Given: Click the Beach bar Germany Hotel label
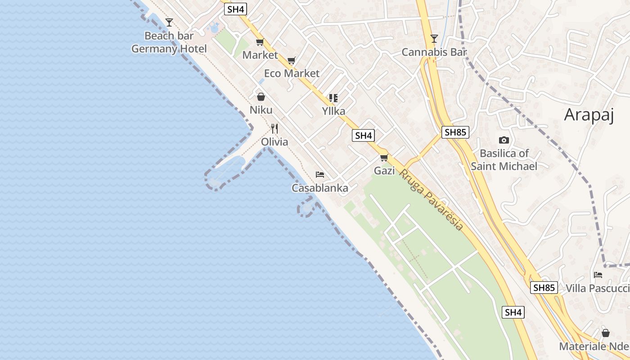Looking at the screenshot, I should pyautogui.click(x=169, y=42).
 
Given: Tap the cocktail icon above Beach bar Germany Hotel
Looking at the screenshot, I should pyautogui.click(x=169, y=22).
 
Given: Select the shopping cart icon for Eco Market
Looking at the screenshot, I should pyautogui.click(x=292, y=60).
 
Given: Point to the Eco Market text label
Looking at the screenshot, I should pyautogui.click(x=292, y=73).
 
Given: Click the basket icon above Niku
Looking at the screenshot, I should pyautogui.click(x=261, y=97).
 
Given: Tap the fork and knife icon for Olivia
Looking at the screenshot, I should pyautogui.click(x=274, y=129).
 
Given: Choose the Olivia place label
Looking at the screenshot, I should pyautogui.click(x=274, y=142).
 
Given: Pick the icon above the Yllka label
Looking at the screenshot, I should pyautogui.click(x=333, y=98).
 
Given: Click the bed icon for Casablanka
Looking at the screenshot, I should pyautogui.click(x=320, y=175).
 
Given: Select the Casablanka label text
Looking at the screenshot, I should pyautogui.click(x=320, y=188).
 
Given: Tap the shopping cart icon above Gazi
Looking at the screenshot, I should pyautogui.click(x=384, y=157).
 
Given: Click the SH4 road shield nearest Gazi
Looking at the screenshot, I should pyautogui.click(x=364, y=135).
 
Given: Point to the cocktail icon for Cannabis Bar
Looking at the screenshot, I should pyautogui.click(x=434, y=39).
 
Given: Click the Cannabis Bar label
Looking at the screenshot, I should pyautogui.click(x=434, y=52).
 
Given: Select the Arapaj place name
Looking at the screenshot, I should pyautogui.click(x=589, y=115).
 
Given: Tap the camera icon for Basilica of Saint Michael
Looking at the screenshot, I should pyautogui.click(x=504, y=140).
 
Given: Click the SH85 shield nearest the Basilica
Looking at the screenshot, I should pyautogui.click(x=455, y=132).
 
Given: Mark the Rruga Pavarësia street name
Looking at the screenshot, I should pyautogui.click(x=431, y=200).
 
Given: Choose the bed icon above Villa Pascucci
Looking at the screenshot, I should pyautogui.click(x=598, y=275).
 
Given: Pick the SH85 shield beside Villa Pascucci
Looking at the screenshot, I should pyautogui.click(x=544, y=288).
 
